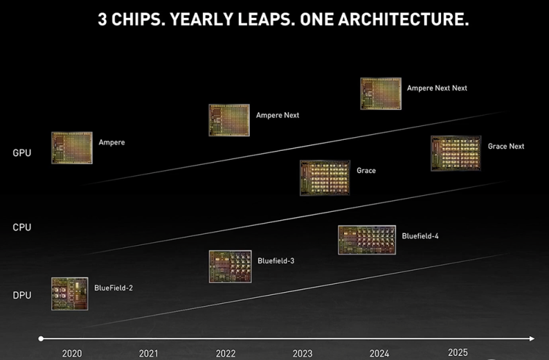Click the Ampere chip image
(x=71, y=147)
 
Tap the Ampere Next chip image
(x=229, y=120)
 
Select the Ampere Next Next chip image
(x=381, y=93)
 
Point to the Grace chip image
(x=325, y=178)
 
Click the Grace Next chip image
(x=456, y=153)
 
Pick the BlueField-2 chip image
(x=71, y=293)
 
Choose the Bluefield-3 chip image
(x=230, y=267)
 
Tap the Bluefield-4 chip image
(x=366, y=240)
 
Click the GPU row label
(x=21, y=152)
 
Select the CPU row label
(x=21, y=227)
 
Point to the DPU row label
(x=21, y=296)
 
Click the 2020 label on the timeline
(x=72, y=353)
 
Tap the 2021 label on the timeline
(x=149, y=353)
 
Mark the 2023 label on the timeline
(x=303, y=353)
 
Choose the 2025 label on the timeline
(x=458, y=352)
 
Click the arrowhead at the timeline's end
(x=532, y=339)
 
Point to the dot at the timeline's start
(x=41, y=339)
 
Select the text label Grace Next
(x=506, y=146)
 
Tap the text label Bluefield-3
(x=276, y=261)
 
